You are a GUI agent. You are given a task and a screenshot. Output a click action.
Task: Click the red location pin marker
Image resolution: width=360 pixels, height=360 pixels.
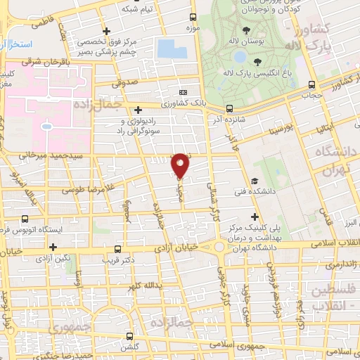point(181,165)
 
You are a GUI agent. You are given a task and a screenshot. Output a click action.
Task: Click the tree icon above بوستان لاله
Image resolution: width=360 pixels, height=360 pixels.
point(245,30)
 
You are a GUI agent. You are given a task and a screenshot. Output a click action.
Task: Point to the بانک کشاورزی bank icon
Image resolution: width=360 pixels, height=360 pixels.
point(184,92)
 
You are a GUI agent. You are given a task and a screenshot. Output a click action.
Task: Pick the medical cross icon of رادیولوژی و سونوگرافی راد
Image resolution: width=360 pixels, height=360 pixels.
point(139,109)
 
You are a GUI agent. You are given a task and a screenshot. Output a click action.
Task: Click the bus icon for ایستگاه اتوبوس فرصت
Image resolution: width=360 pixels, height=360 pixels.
point(25,219)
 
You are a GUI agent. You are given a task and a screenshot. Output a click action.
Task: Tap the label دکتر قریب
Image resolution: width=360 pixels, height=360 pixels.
point(131,259)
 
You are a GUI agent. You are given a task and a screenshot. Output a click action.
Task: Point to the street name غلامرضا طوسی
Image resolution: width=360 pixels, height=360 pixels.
point(82,187)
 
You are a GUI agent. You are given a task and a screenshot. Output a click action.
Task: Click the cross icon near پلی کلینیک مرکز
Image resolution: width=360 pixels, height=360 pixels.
point(255,217)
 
